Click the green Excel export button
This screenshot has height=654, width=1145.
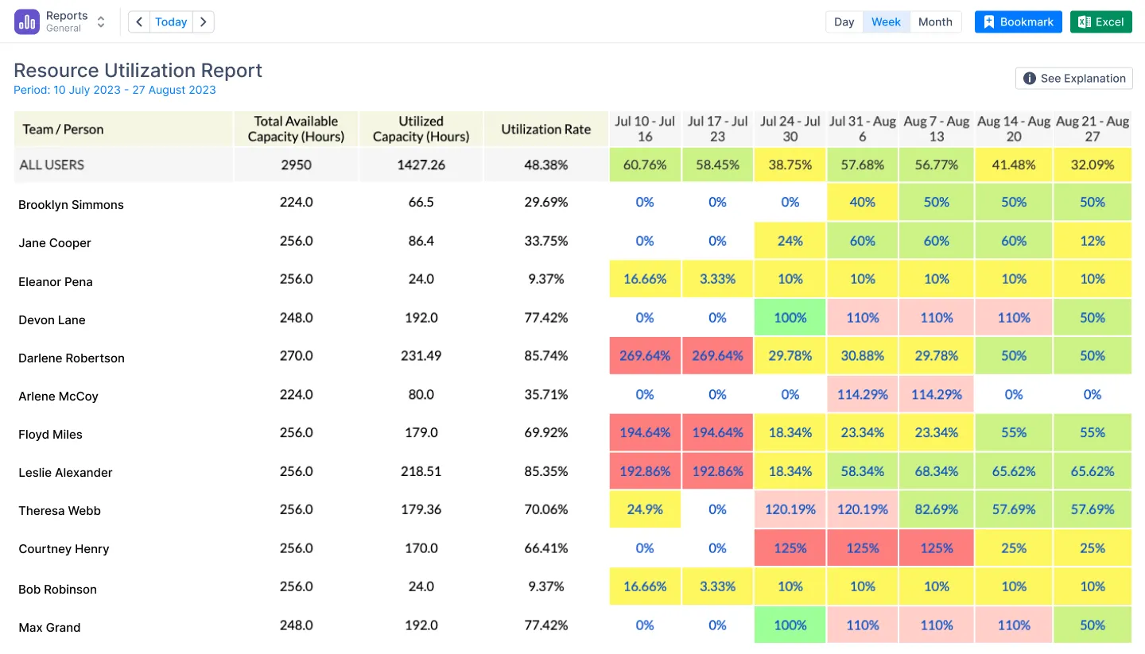[1100, 22]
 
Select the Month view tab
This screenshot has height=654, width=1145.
[935, 22]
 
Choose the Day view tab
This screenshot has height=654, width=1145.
[844, 22]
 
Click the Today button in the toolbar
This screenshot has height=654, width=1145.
[171, 22]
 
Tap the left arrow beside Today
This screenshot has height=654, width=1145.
[139, 22]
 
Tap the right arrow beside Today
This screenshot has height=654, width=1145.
[204, 22]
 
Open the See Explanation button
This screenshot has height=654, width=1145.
[1074, 78]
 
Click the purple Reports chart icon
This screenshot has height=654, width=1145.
[27, 21]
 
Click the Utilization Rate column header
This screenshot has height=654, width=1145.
[545, 130]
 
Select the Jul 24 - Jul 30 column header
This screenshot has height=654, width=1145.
[790, 130]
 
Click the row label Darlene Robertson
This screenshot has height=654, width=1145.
[72, 358]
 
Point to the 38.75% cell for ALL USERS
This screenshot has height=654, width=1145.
[790, 164]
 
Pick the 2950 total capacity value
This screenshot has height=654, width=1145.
[296, 164]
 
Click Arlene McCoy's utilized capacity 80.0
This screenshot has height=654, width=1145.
[421, 395]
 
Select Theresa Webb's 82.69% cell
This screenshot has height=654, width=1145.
[937, 509]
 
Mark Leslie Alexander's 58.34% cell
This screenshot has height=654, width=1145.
[863, 471]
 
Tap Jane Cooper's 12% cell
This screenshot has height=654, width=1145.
[1093, 241]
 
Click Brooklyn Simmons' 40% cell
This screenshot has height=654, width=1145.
[863, 203]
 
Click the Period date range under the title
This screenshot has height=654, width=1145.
[114, 90]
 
